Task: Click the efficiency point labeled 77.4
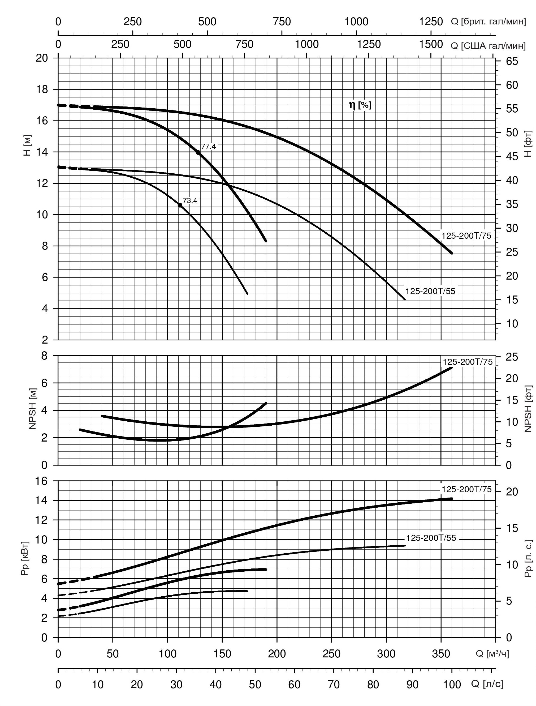[198, 153]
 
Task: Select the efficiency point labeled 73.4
[180, 205]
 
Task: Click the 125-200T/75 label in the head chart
[466, 236]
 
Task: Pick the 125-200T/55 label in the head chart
[430, 291]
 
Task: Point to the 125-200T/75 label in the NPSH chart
[467, 362]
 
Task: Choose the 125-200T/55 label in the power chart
[431, 538]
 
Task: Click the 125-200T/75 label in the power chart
[466, 490]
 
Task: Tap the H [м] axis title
[27, 145]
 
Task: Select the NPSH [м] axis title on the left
[33, 409]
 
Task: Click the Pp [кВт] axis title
[25, 558]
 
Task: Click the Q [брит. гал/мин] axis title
[488, 22]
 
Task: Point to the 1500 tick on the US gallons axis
[431, 44]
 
